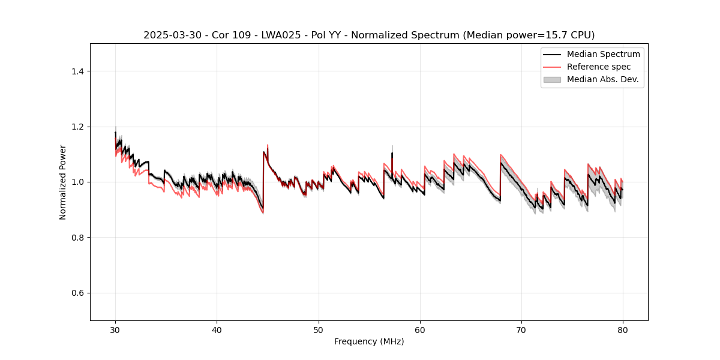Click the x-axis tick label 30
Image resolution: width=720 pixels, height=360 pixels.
coord(115,329)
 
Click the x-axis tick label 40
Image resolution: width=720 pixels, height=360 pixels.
coord(217,329)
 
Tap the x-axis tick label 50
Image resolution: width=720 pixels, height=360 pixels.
coord(319,329)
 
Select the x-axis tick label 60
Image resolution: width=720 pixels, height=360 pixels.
coord(420,329)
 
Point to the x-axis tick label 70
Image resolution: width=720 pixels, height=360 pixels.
coord(521,329)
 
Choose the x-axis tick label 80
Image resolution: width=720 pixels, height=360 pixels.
coord(623,329)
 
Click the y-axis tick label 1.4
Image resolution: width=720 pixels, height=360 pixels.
coord(77,71)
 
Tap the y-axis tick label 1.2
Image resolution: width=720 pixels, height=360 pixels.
coord(77,127)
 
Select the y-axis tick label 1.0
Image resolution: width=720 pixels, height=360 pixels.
coord(77,182)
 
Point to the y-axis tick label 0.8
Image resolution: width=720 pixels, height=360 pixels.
coord(77,238)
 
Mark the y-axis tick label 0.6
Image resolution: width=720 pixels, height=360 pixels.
coord(77,293)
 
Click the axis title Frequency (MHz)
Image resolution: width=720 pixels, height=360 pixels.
coord(369,341)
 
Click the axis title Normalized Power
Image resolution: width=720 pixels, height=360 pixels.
coord(63,182)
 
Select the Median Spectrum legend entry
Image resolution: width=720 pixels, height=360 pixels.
coord(603,54)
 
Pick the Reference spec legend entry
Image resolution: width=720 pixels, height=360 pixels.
coord(598,67)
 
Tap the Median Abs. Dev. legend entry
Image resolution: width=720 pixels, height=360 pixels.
coord(602,79)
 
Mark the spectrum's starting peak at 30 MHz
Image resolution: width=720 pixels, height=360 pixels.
coord(115,133)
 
